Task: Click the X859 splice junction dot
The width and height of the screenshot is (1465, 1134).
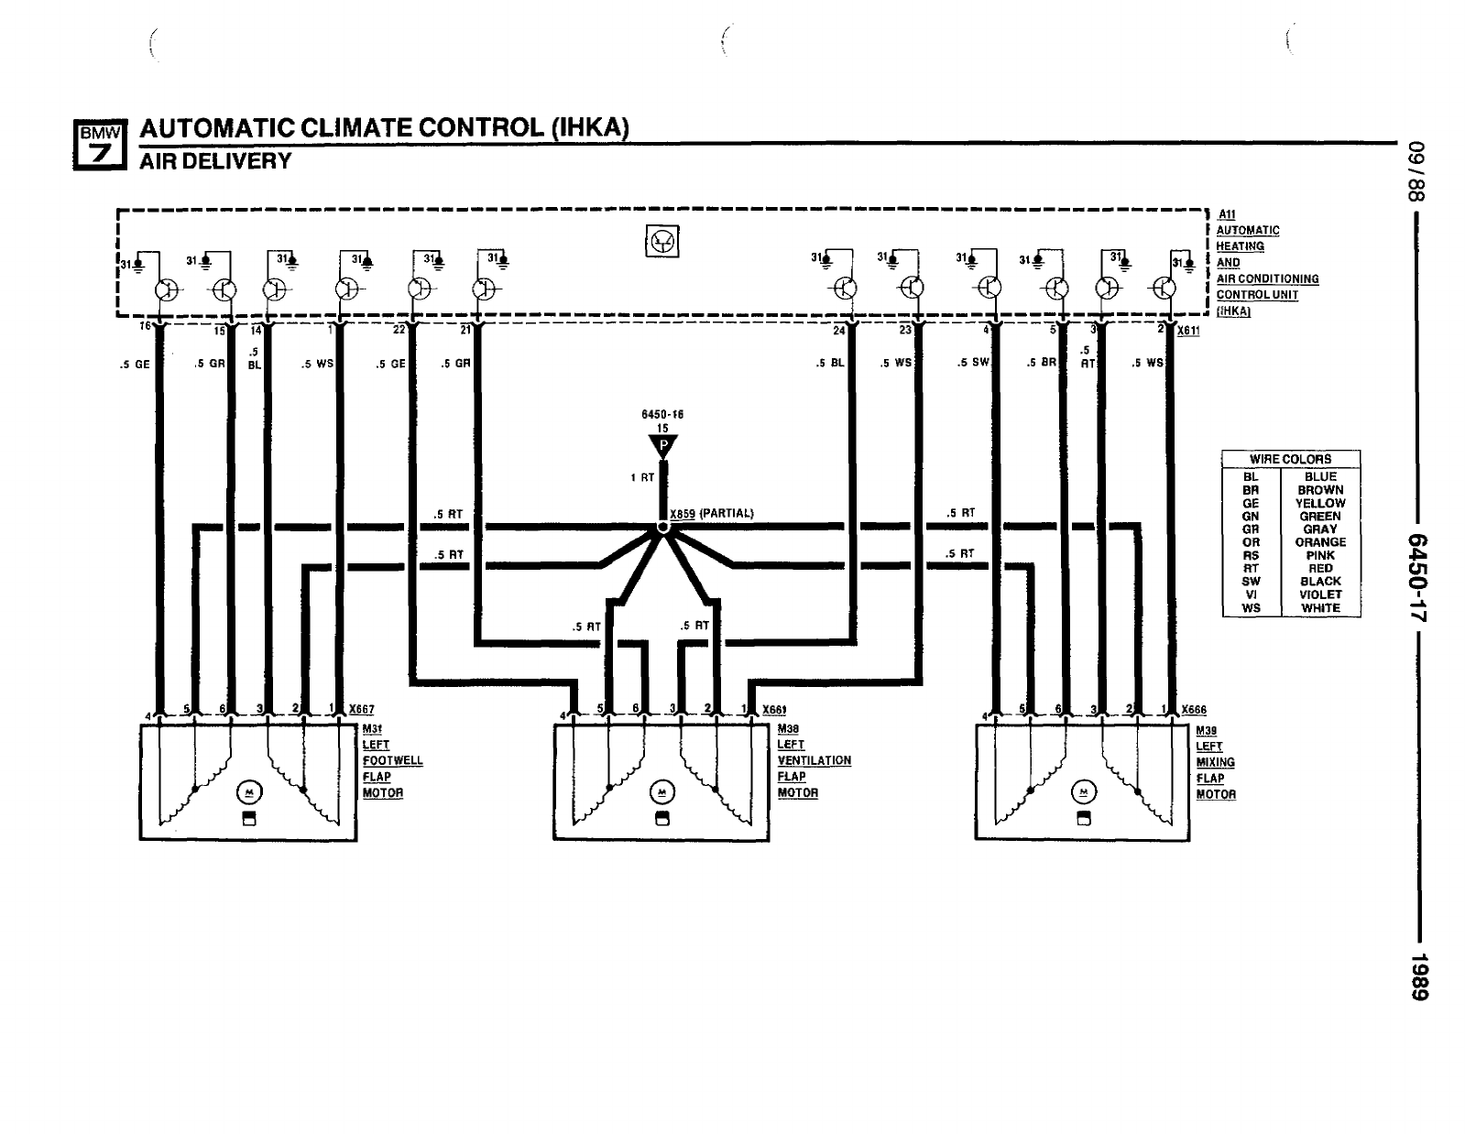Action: (x=662, y=527)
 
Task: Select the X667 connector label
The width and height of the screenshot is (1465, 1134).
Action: (x=361, y=710)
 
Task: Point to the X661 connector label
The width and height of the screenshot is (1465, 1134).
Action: (x=774, y=710)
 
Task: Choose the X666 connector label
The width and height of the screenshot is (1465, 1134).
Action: (x=1194, y=710)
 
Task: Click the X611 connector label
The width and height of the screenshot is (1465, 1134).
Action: (x=1188, y=331)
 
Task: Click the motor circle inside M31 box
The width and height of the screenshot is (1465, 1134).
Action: (x=247, y=791)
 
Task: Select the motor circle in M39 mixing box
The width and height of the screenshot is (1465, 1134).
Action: (x=1084, y=791)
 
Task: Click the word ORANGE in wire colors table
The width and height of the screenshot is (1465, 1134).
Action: (x=1320, y=542)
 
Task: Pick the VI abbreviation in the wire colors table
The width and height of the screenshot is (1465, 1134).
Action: (x=1251, y=594)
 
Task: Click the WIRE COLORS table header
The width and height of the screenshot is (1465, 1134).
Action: (x=1290, y=459)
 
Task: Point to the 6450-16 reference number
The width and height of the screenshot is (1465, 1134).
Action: (x=662, y=414)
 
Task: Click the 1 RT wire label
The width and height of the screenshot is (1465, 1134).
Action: (x=642, y=477)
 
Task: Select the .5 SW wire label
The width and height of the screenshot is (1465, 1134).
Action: (x=973, y=363)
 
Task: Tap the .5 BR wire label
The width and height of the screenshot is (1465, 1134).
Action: (x=1042, y=363)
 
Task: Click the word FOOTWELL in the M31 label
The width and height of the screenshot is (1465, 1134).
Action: (x=392, y=760)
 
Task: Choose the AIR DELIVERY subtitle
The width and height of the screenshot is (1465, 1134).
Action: (x=215, y=161)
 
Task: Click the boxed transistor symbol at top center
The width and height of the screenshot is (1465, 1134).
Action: (x=662, y=241)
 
